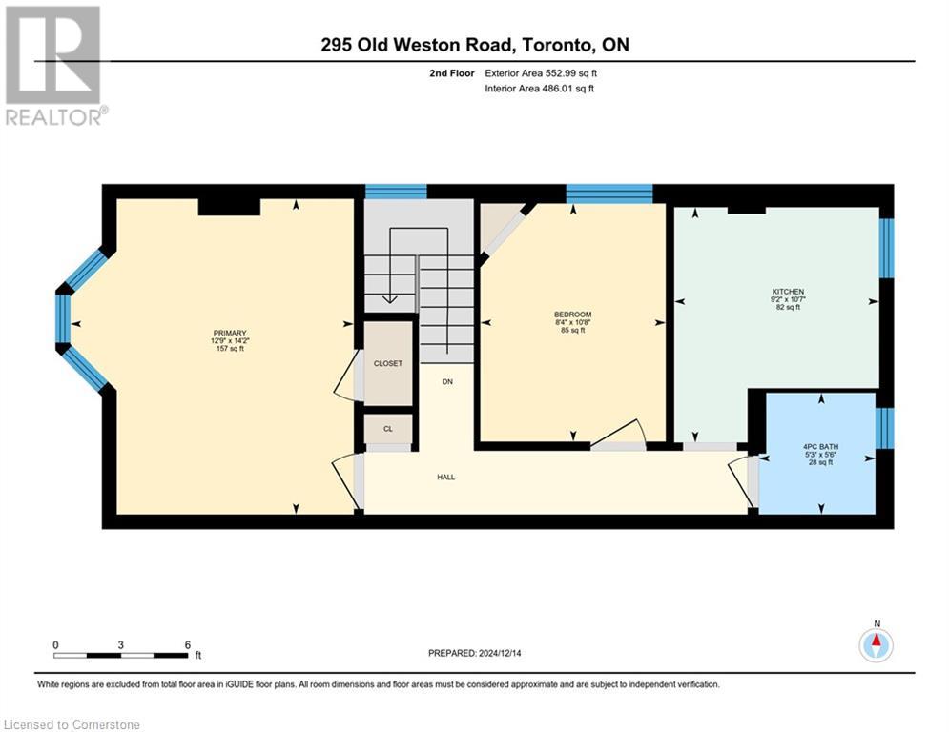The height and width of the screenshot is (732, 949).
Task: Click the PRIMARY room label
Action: [230, 333]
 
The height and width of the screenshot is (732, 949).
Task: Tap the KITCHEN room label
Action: [788, 292]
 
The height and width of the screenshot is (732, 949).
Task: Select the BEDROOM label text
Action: [572, 315]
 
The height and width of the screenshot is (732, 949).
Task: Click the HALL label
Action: [445, 477]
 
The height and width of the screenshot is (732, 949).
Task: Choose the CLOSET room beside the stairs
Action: [388, 363]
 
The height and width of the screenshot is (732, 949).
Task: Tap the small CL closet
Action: [388, 429]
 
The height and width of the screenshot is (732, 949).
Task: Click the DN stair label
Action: [447, 381]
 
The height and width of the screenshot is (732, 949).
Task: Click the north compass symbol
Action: [875, 644]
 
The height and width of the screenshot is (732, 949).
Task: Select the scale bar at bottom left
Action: [120, 655]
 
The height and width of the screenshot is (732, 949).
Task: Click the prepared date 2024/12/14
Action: [474, 653]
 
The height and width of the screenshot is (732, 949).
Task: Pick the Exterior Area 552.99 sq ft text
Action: [542, 72]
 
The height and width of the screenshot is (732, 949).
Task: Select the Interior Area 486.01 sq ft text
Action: [541, 89]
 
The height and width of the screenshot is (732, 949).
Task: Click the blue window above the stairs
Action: [395, 192]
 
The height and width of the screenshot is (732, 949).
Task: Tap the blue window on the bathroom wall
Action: [884, 428]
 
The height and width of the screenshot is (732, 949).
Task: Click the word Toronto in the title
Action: [558, 45]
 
